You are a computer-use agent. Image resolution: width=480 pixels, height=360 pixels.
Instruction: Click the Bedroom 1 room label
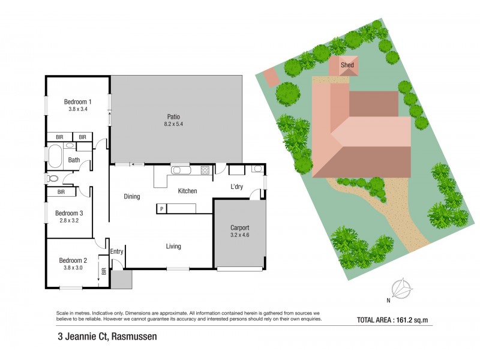77,101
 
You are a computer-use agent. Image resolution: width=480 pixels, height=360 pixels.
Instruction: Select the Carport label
239,228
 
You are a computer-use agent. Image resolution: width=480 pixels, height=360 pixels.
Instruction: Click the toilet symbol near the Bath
53,178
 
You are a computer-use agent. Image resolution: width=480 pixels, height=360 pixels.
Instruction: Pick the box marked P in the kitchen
161,208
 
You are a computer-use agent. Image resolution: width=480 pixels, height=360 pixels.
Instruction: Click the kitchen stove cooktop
205,170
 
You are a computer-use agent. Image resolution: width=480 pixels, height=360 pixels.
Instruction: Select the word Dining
132,196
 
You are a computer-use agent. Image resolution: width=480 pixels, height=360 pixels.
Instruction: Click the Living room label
173,247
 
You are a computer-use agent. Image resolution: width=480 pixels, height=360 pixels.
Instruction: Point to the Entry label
116,252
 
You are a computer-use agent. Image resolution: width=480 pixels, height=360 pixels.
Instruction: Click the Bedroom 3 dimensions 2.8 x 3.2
69,221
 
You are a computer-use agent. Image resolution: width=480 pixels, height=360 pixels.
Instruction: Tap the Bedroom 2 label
73,260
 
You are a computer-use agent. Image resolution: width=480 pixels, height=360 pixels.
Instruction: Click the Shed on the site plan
347,67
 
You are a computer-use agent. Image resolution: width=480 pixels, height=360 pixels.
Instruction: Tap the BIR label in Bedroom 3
61,192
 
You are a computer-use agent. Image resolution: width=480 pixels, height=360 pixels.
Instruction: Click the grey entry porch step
121,280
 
